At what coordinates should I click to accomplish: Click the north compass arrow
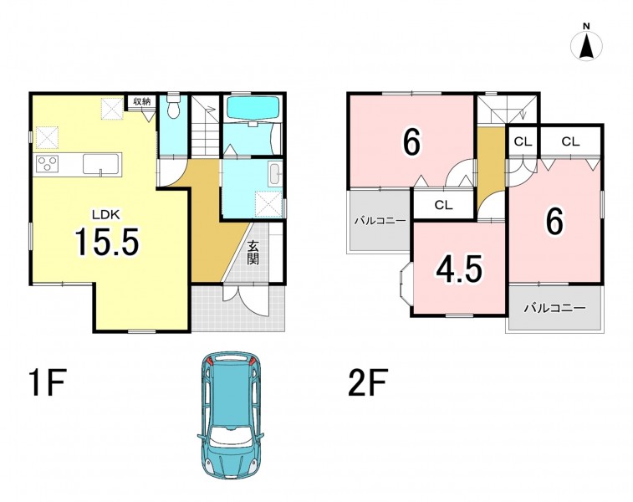586,45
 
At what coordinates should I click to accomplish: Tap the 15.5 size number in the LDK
107,241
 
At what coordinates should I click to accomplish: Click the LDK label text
106,215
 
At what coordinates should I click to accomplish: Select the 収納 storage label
141,101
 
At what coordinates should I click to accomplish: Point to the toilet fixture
173,107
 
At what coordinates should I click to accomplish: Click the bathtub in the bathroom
252,108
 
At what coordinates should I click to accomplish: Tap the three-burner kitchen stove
48,165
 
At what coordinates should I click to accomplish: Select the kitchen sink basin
101,164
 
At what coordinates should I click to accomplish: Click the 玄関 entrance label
253,254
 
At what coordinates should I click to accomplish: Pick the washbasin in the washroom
275,174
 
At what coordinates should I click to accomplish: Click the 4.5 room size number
459,269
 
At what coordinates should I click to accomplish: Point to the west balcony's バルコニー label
380,221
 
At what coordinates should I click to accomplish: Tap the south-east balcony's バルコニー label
554,309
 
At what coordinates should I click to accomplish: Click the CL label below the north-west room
444,205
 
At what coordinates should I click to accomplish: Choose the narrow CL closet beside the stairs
523,141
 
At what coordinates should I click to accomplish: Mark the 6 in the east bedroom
555,222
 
